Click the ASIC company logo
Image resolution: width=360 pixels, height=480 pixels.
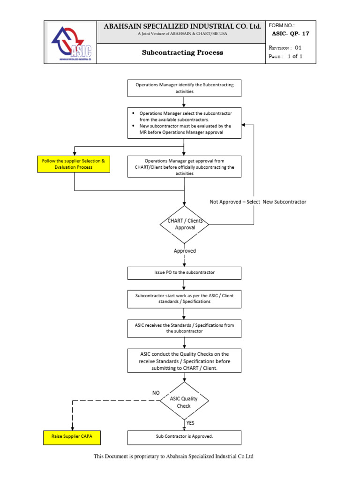[72, 42]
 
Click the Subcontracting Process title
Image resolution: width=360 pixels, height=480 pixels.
[182, 52]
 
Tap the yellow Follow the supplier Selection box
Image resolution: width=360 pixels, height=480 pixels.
[74, 164]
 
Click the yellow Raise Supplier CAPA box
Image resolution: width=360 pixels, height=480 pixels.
[71, 437]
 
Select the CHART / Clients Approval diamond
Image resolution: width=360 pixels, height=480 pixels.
[185, 224]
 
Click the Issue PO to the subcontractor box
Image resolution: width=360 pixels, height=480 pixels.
[185, 273]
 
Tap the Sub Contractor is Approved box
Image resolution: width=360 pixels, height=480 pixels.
[185, 437]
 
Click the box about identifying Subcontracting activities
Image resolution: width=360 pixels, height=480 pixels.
[185, 88]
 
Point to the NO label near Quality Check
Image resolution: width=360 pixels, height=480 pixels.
[156, 392]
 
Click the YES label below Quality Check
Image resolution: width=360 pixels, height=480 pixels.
[190, 423]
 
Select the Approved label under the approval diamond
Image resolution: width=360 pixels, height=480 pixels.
[185, 251]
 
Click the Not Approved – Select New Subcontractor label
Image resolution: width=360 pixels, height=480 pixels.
[258, 202]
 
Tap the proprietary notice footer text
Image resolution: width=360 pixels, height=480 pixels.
[173, 457]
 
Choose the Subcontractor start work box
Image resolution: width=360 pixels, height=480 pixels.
[185, 298]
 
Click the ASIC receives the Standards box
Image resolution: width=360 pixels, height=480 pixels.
[185, 328]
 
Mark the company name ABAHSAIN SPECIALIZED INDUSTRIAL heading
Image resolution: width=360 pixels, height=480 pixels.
[182, 27]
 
